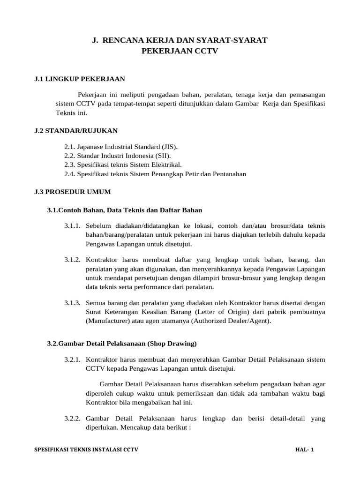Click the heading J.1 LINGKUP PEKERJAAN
[79, 79]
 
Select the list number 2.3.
[70, 165]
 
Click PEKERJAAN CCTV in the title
[180, 52]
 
